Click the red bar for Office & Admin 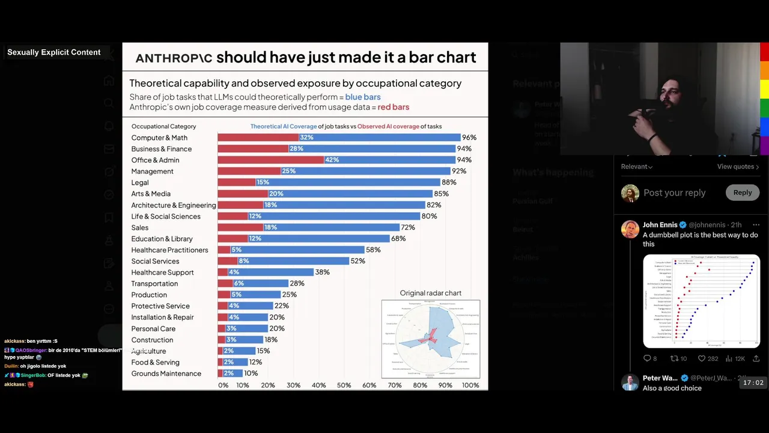tap(270, 160)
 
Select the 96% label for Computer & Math tap(469, 138)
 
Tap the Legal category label tap(140, 182)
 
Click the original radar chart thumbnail tap(431, 339)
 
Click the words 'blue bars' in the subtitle tap(362, 97)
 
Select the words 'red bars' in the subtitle tap(393, 107)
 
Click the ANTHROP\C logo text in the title tap(174, 58)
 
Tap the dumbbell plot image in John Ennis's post tap(701, 301)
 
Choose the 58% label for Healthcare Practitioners tap(373, 250)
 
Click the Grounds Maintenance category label tap(166, 373)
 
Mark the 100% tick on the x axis tap(470, 385)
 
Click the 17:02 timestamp tap(753, 382)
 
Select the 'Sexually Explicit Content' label tap(54, 52)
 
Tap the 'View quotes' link tap(738, 167)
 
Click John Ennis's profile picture tap(630, 229)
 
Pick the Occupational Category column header tap(163, 126)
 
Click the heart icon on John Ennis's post tap(701, 358)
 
